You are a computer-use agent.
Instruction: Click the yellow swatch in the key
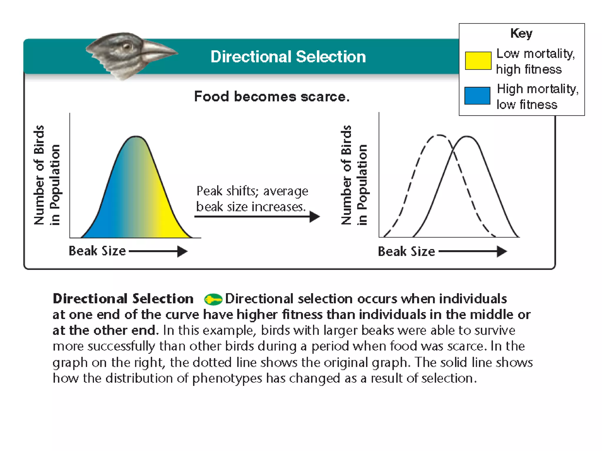[478, 61]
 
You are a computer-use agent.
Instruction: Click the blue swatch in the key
[477, 96]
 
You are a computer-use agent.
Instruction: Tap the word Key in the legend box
[521, 33]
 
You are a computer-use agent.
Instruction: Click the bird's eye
[127, 46]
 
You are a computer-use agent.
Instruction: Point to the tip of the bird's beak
[177, 53]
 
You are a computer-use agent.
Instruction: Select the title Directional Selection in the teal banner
[288, 57]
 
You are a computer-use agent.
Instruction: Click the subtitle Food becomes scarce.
[272, 97]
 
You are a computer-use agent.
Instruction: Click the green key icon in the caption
[213, 299]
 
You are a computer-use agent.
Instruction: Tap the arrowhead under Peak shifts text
[315, 217]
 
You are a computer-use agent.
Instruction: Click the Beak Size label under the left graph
[97, 251]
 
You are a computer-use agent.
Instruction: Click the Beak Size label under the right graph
[406, 252]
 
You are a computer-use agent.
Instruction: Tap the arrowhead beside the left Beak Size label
[183, 251]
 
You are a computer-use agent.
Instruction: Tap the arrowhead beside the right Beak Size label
[502, 252]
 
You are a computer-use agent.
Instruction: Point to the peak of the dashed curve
[439, 135]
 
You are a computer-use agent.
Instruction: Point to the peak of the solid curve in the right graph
[467, 137]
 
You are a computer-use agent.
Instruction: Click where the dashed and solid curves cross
[453, 152]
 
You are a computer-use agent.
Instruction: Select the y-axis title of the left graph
[47, 175]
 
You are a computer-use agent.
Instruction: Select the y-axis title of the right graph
[354, 175]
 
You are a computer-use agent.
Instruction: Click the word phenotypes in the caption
[227, 378]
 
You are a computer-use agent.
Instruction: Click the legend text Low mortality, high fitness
[535, 61]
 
